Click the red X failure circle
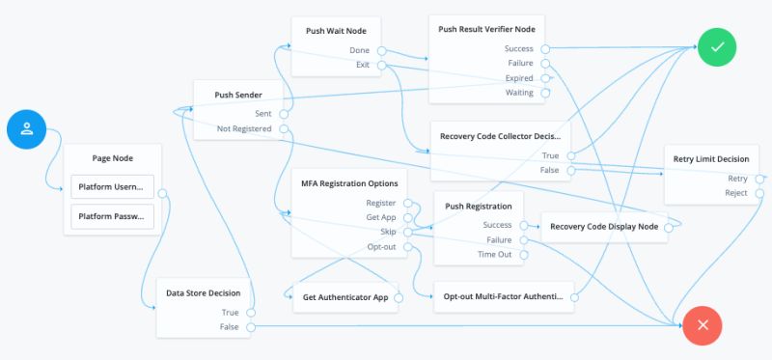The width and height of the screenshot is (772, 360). tap(702, 325)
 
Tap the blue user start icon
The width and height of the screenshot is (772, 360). tap(27, 130)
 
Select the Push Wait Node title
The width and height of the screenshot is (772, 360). tap(329, 30)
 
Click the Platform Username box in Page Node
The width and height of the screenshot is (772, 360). tap(112, 187)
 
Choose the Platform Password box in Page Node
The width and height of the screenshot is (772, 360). tap(112, 216)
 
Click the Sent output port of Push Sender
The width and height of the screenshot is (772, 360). tap(283, 113)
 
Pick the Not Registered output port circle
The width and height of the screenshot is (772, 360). tap(283, 128)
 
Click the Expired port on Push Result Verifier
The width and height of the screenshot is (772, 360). tap(544, 78)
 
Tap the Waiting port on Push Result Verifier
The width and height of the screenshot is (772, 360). tap(544, 93)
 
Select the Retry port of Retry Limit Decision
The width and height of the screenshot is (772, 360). tap(760, 179)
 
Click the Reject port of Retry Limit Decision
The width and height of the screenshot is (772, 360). tap(760, 193)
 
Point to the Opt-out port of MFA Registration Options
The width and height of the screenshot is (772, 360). tap(407, 247)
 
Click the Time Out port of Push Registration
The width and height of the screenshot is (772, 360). tap(522, 255)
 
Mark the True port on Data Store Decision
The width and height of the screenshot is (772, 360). tap(250, 313)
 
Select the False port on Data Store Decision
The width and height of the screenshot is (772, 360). tap(250, 328)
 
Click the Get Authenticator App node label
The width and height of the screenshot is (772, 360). tap(345, 297)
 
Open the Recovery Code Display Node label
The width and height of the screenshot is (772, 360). tap(603, 227)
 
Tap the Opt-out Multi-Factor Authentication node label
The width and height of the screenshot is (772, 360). tap(502, 297)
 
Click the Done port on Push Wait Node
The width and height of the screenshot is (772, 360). tap(381, 50)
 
